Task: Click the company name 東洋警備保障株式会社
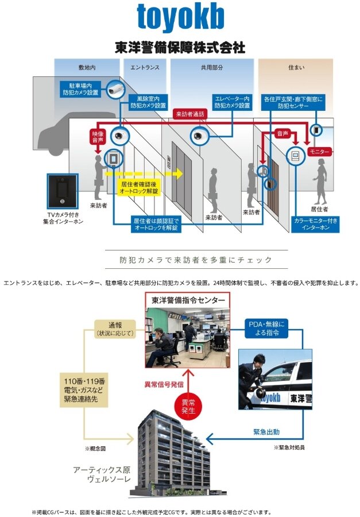[x=180, y=47]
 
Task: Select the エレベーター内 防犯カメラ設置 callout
[x=232, y=102]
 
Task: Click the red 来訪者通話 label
[x=190, y=114]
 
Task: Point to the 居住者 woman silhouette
[x=320, y=179]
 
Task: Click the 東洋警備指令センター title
[x=187, y=299]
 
